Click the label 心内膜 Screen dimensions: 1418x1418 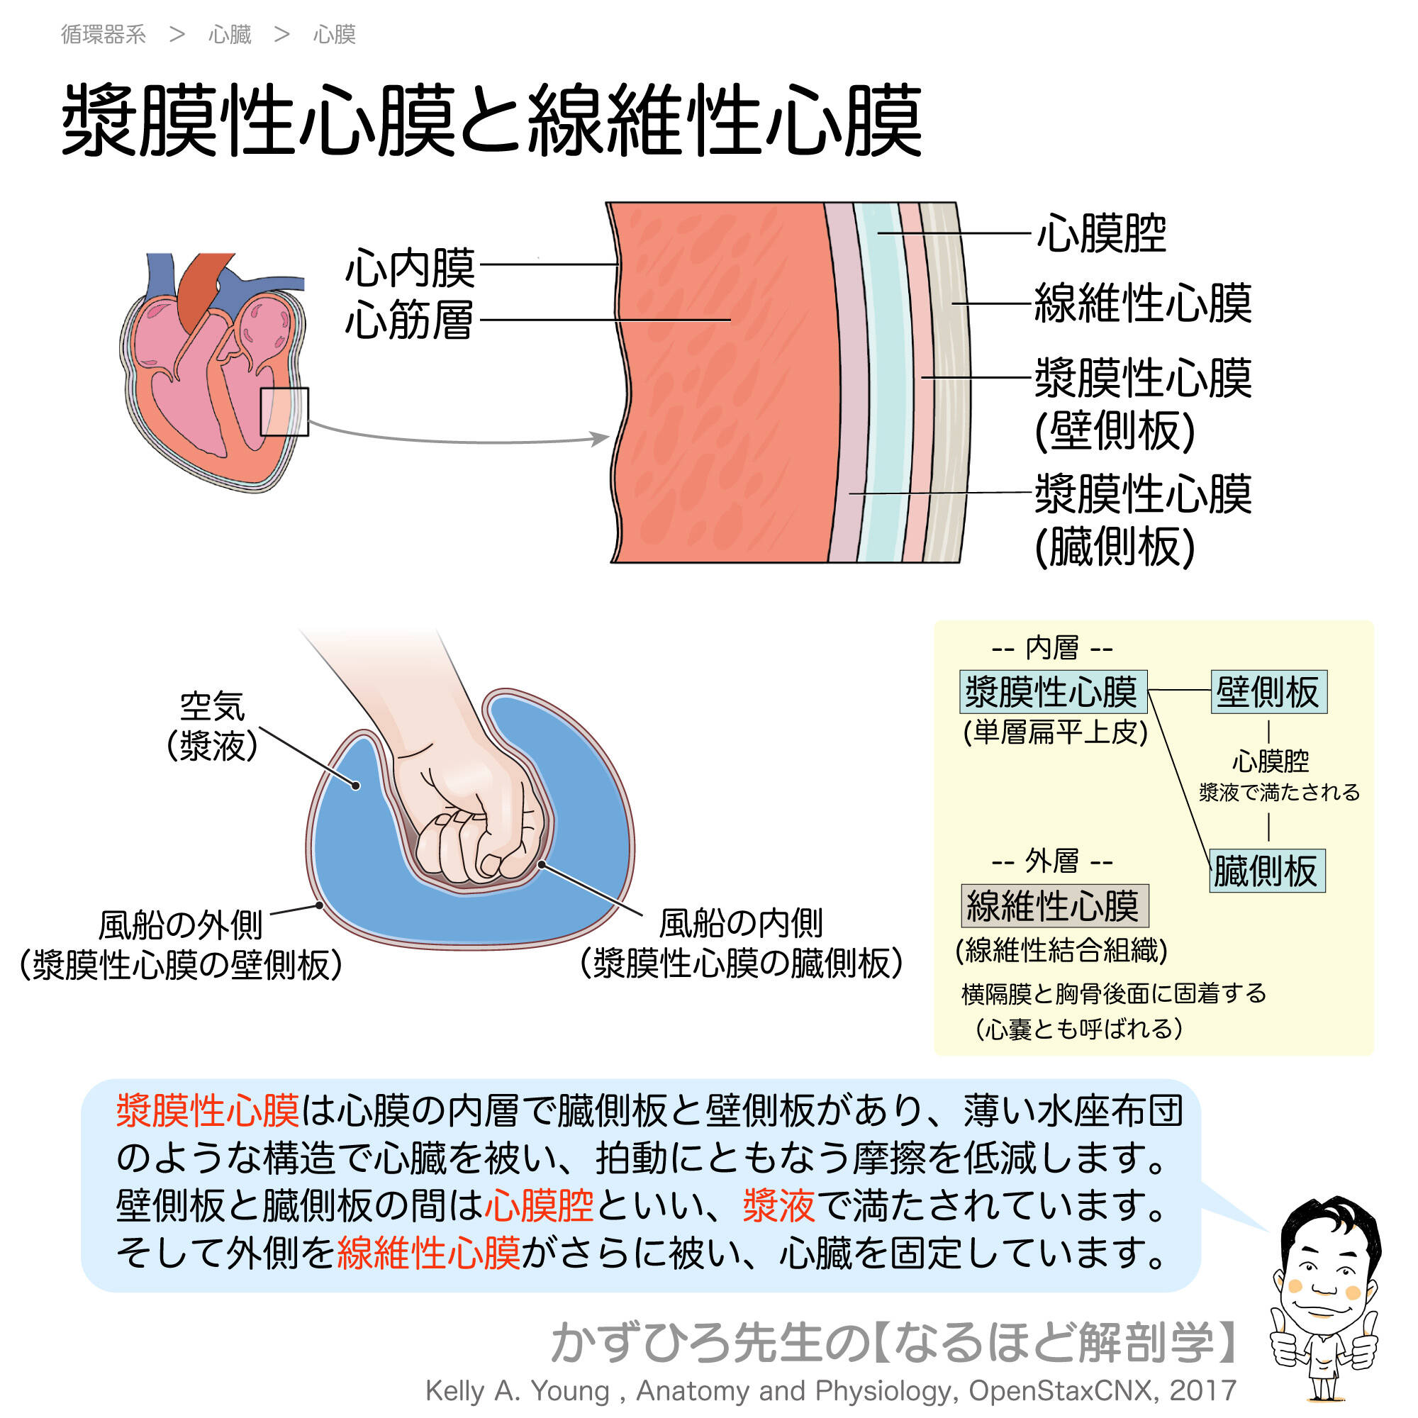[411, 267]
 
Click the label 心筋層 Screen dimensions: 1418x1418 [411, 320]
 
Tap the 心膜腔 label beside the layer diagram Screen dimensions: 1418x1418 [1101, 234]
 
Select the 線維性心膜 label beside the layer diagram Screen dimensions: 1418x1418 [1143, 303]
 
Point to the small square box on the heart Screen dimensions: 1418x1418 [285, 411]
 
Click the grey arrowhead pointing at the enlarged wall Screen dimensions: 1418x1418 [601, 438]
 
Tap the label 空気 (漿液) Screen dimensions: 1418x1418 [212, 726]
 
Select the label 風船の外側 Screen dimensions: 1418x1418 [181, 925]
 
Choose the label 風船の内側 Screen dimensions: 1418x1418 [742, 923]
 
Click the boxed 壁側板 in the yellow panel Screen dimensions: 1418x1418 [1268, 691]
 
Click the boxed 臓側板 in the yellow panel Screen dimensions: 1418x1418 [1266, 871]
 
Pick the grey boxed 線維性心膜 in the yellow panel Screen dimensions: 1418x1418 [1055, 905]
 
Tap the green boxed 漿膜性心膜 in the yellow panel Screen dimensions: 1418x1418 [1052, 691]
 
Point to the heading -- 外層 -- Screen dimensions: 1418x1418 [1052, 860]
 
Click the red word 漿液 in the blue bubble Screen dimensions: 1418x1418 [778, 1205]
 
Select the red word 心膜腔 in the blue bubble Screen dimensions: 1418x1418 [540, 1205]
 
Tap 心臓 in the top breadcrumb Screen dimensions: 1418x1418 [230, 35]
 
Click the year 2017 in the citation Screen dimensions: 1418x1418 [1204, 1390]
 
